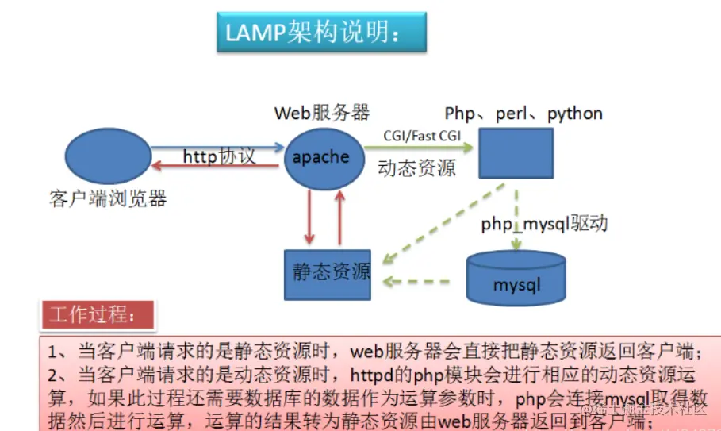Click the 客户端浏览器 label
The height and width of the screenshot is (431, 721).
(108, 198)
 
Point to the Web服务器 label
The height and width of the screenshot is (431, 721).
(321, 113)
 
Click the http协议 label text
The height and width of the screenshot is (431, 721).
(219, 156)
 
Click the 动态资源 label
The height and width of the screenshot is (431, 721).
(416, 168)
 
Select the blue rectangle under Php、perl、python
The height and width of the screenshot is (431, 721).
(516, 152)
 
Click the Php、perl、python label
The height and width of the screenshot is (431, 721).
(523, 114)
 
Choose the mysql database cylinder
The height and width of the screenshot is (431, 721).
(516, 278)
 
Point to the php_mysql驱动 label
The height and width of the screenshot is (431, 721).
(544, 224)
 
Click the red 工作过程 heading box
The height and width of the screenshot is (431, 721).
(98, 314)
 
